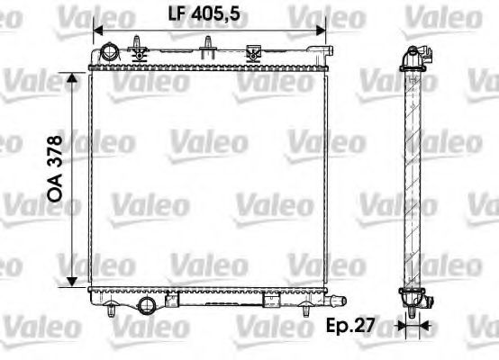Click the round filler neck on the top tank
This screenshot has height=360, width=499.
click(x=108, y=53)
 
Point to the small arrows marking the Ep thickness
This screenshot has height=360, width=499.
click(x=415, y=326)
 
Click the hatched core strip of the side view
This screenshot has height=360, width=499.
click(x=415, y=180)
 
